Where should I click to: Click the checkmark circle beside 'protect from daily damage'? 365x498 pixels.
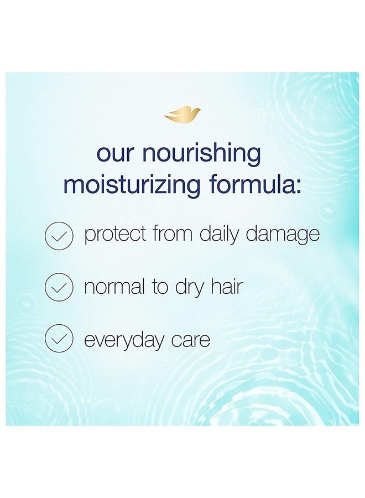pyautogui.click(x=59, y=235)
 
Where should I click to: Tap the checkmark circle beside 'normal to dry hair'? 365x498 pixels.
pyautogui.click(x=59, y=287)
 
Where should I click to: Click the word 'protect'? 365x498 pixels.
pyautogui.click(x=116, y=235)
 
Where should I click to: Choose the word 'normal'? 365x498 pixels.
pyautogui.click(x=114, y=286)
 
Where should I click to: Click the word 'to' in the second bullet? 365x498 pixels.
pyautogui.click(x=160, y=287)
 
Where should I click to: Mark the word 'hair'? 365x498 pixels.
pyautogui.click(x=227, y=286)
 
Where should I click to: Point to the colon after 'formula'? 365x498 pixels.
pyautogui.click(x=297, y=186)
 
